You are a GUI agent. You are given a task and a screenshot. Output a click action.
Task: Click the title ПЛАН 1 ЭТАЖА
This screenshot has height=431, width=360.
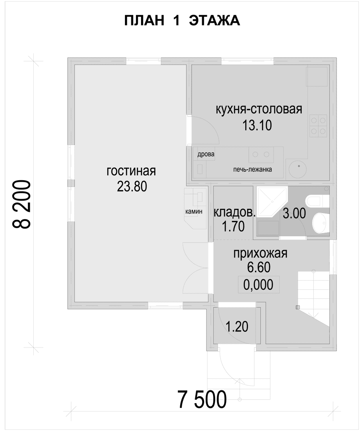point(182,21)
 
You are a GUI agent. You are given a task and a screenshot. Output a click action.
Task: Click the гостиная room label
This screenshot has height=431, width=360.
point(131,171)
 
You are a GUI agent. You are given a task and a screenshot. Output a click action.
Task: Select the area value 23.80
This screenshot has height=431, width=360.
point(132,187)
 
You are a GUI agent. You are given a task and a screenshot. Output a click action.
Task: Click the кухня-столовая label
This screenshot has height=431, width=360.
point(259,109)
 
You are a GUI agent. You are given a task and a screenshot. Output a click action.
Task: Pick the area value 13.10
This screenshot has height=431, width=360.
point(257,125)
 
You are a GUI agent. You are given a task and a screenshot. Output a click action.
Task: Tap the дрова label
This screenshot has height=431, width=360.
point(206,154)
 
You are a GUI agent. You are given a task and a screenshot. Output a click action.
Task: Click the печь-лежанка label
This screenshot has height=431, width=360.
point(253,169)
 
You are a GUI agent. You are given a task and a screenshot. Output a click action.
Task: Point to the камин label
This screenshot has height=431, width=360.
point(194,211)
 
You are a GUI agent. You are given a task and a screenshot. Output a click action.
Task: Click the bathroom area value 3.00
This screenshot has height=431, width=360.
point(294,214)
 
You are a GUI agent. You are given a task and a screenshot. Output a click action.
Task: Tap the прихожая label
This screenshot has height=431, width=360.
point(260,253)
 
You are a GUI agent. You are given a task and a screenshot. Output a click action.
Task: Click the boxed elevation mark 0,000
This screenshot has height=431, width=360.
point(258,284)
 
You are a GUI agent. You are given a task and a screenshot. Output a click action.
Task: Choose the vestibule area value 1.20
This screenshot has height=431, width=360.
point(237,326)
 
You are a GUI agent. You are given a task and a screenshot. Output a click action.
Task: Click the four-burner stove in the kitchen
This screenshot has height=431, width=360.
point(318,126)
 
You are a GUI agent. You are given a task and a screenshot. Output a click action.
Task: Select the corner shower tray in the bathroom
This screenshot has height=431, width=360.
point(271,201)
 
